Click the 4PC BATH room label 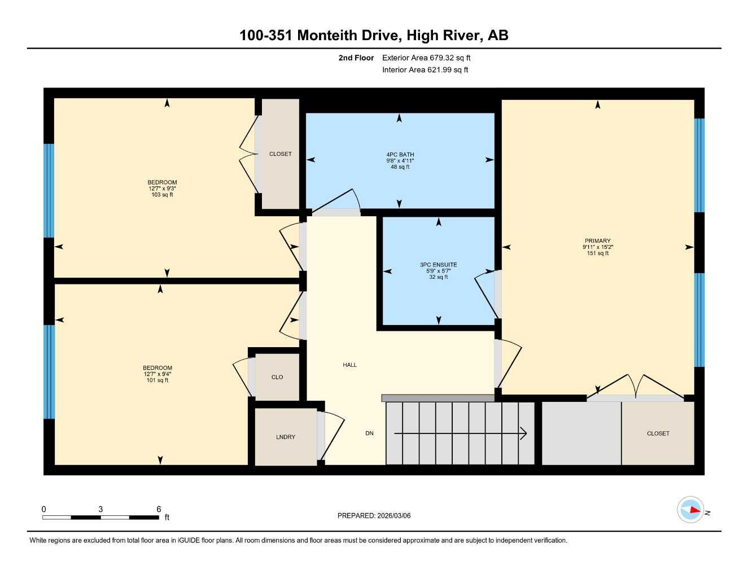400,154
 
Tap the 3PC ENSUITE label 438,265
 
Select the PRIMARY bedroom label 597,241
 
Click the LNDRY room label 286,437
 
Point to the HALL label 349,365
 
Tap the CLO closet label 277,377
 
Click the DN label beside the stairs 369,433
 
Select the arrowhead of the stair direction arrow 523,433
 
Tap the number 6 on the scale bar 159,509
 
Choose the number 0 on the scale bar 43,509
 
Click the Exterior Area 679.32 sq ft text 426,58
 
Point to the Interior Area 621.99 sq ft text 425,70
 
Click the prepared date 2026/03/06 393,515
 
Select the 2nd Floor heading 356,58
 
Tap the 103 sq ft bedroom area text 162,195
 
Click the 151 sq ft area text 597,253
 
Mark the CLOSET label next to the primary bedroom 658,433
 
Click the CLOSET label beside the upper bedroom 280,154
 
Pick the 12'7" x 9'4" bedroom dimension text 158,374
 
